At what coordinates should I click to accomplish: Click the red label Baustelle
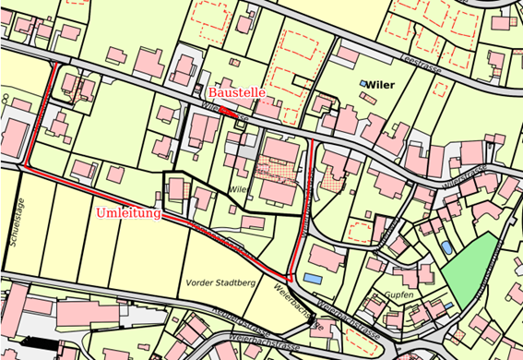[x=236, y=93]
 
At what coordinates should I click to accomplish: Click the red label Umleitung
[x=127, y=213]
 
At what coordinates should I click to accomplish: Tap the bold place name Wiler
[x=380, y=84]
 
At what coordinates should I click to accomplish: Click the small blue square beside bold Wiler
[x=363, y=84]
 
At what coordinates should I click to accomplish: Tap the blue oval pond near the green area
[x=446, y=247]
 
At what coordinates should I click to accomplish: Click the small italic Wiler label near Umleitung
[x=240, y=188]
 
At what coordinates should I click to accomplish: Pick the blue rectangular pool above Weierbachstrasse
[x=314, y=277]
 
